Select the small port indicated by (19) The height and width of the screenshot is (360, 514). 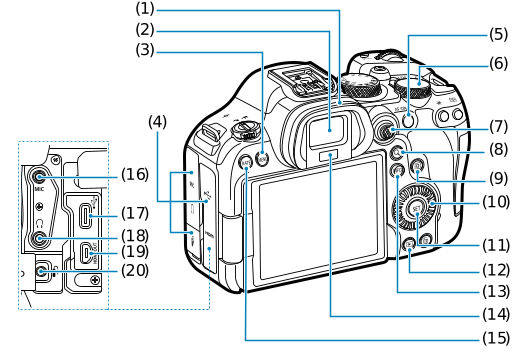coord(87,252)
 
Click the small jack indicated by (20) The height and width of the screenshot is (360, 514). coord(40,271)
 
